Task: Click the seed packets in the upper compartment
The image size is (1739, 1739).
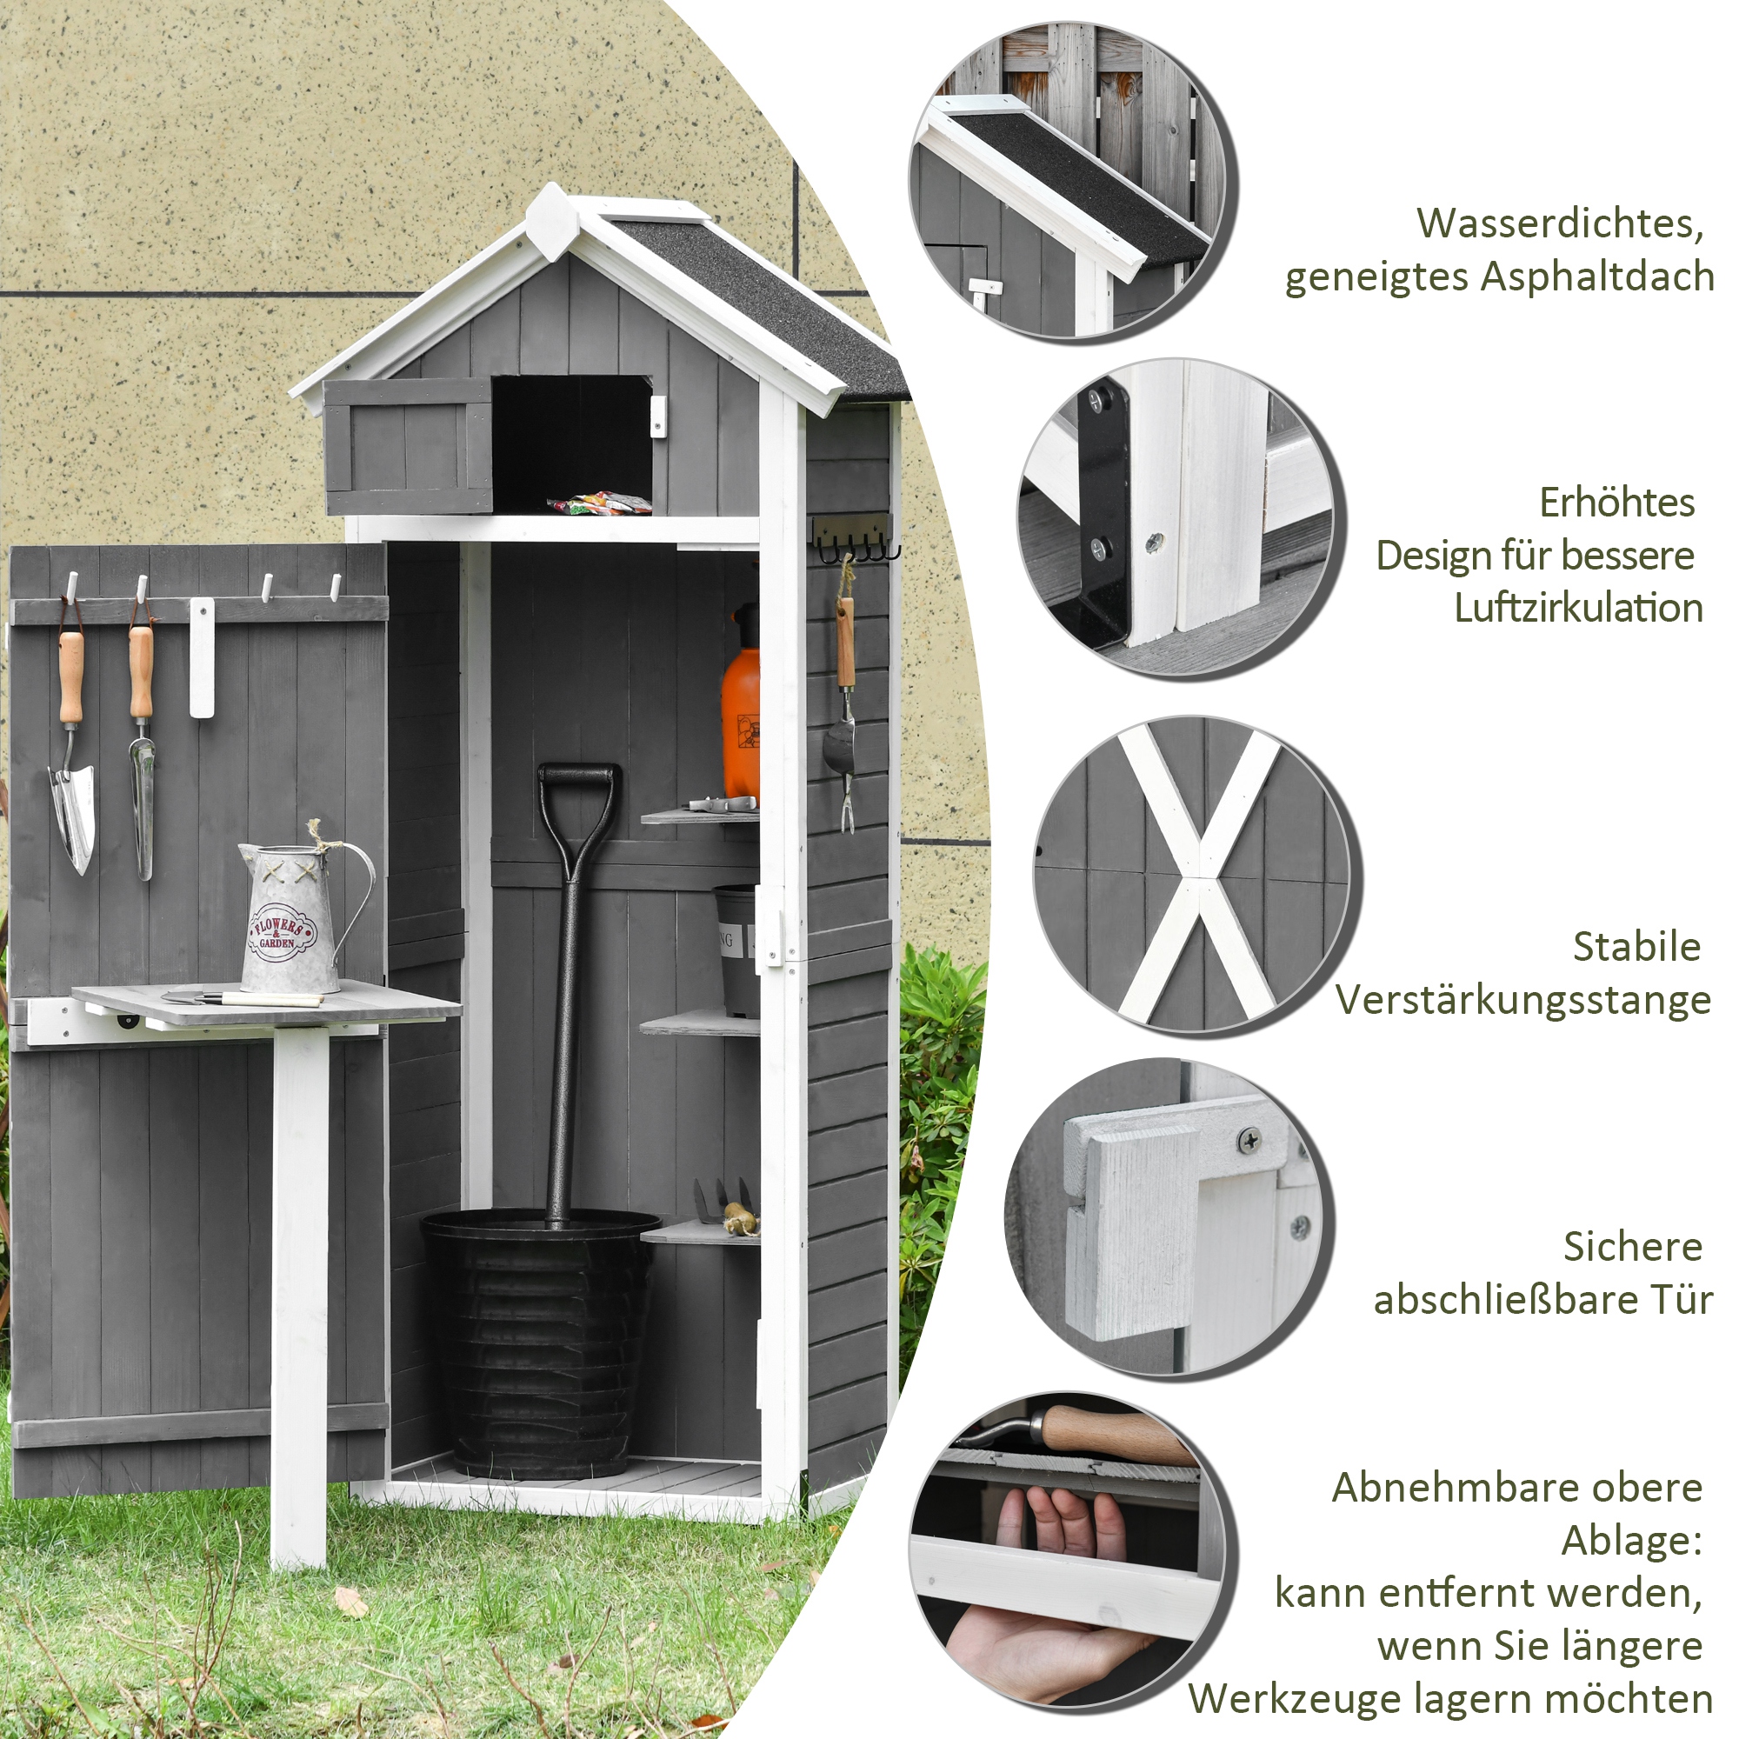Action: (x=598, y=503)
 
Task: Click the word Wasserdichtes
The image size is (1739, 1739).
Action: (x=1560, y=223)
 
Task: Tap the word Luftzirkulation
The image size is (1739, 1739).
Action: (x=1578, y=609)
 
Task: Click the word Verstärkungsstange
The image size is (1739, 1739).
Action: (x=1522, y=1000)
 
